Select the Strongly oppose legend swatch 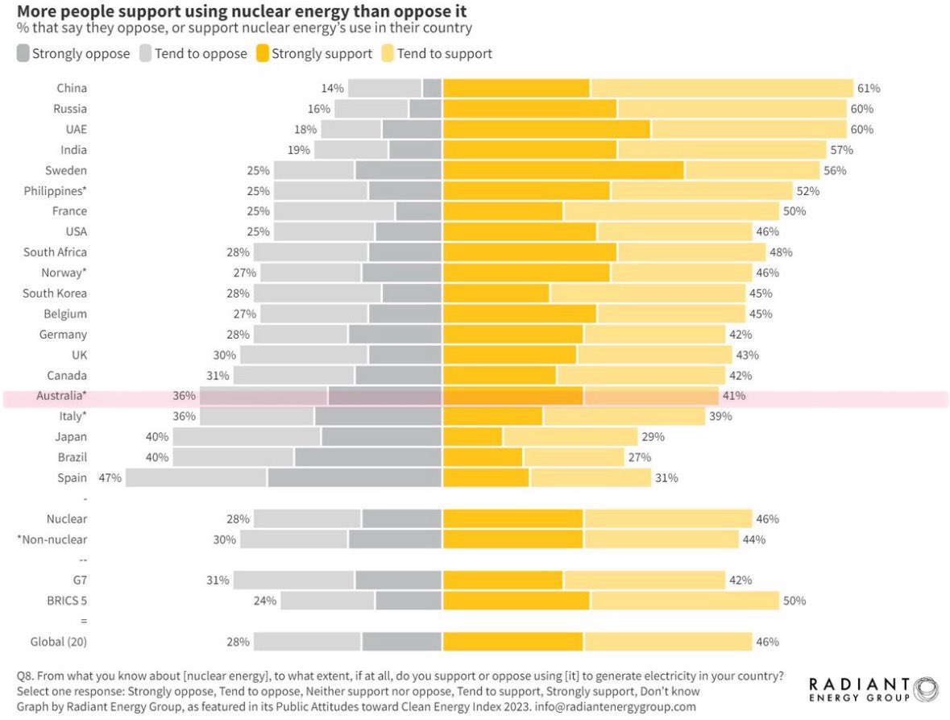[x=23, y=54]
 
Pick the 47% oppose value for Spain [x=110, y=477]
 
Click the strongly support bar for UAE [x=546, y=129]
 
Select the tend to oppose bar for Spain [x=196, y=477]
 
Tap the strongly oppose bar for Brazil [x=367, y=457]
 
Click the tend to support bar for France [x=671, y=211]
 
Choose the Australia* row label [x=61, y=396]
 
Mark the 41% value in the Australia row [x=734, y=396]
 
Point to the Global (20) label [x=58, y=642]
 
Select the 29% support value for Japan [x=653, y=437]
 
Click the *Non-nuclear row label [x=52, y=539]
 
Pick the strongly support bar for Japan [x=472, y=437]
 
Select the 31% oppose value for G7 [x=218, y=580]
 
